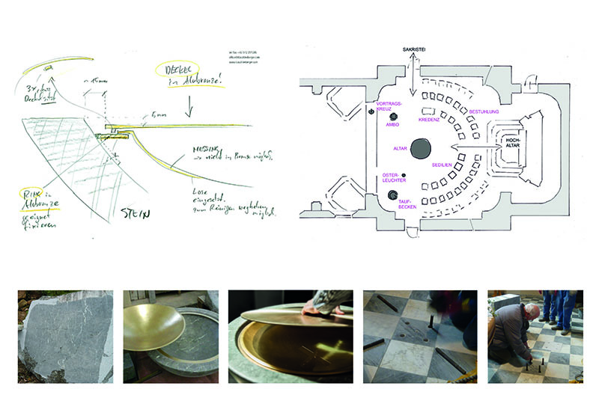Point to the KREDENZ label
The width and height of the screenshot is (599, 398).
point(428,119)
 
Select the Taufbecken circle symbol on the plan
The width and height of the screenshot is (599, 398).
point(393,196)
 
